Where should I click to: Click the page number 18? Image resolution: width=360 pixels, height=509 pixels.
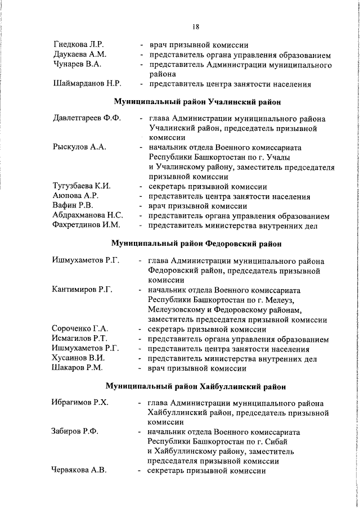point(195,26)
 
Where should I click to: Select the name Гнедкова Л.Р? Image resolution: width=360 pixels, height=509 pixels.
point(78,44)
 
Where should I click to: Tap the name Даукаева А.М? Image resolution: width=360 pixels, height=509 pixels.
point(80,55)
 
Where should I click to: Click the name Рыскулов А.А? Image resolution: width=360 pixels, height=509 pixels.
point(78,147)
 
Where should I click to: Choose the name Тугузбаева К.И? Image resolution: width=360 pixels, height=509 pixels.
point(82,187)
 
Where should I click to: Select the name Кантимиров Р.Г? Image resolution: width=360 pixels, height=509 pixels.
point(82,290)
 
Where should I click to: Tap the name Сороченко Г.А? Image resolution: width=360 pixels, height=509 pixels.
point(80,330)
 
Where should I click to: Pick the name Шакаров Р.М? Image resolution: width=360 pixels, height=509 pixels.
point(77,369)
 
